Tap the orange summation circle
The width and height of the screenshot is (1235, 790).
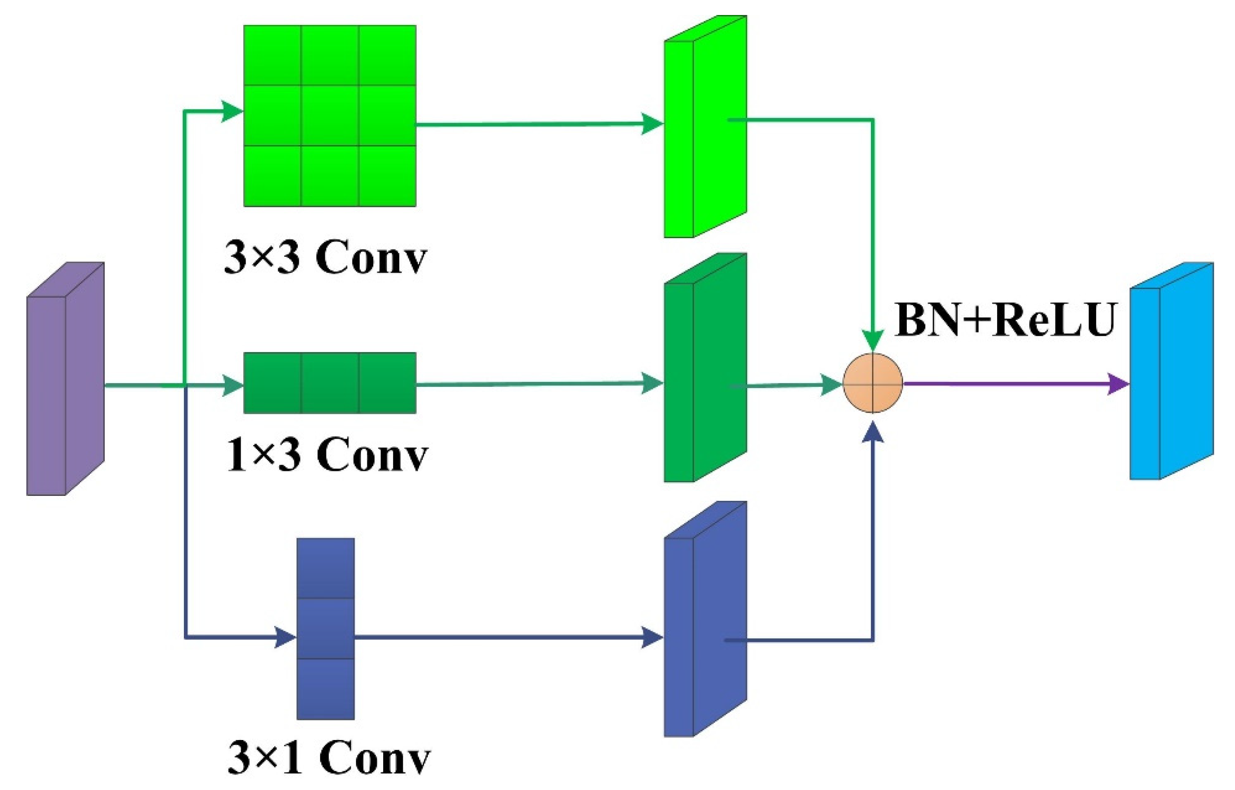pos(872,383)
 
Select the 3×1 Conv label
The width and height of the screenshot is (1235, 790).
pos(328,758)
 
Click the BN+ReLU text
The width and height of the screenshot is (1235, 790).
pos(1005,320)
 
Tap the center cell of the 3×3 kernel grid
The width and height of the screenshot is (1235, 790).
pos(329,115)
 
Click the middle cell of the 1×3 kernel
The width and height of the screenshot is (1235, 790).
pos(329,383)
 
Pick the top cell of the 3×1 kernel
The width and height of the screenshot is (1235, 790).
pos(325,568)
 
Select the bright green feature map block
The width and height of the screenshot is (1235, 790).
pos(705,126)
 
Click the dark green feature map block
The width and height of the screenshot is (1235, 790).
pos(705,368)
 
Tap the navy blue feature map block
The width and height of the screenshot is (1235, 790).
pos(705,620)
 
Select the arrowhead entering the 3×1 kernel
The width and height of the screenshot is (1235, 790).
pos(285,638)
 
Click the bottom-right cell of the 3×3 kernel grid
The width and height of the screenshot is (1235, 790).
pos(387,176)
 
